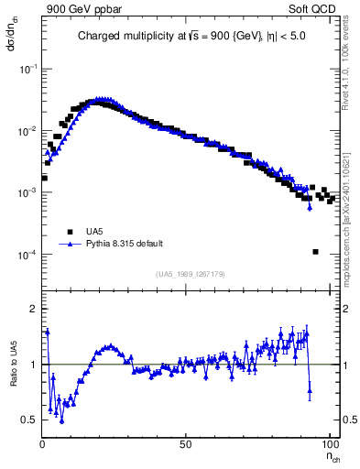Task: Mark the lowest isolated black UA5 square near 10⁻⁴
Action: pyautogui.click(x=315, y=252)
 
